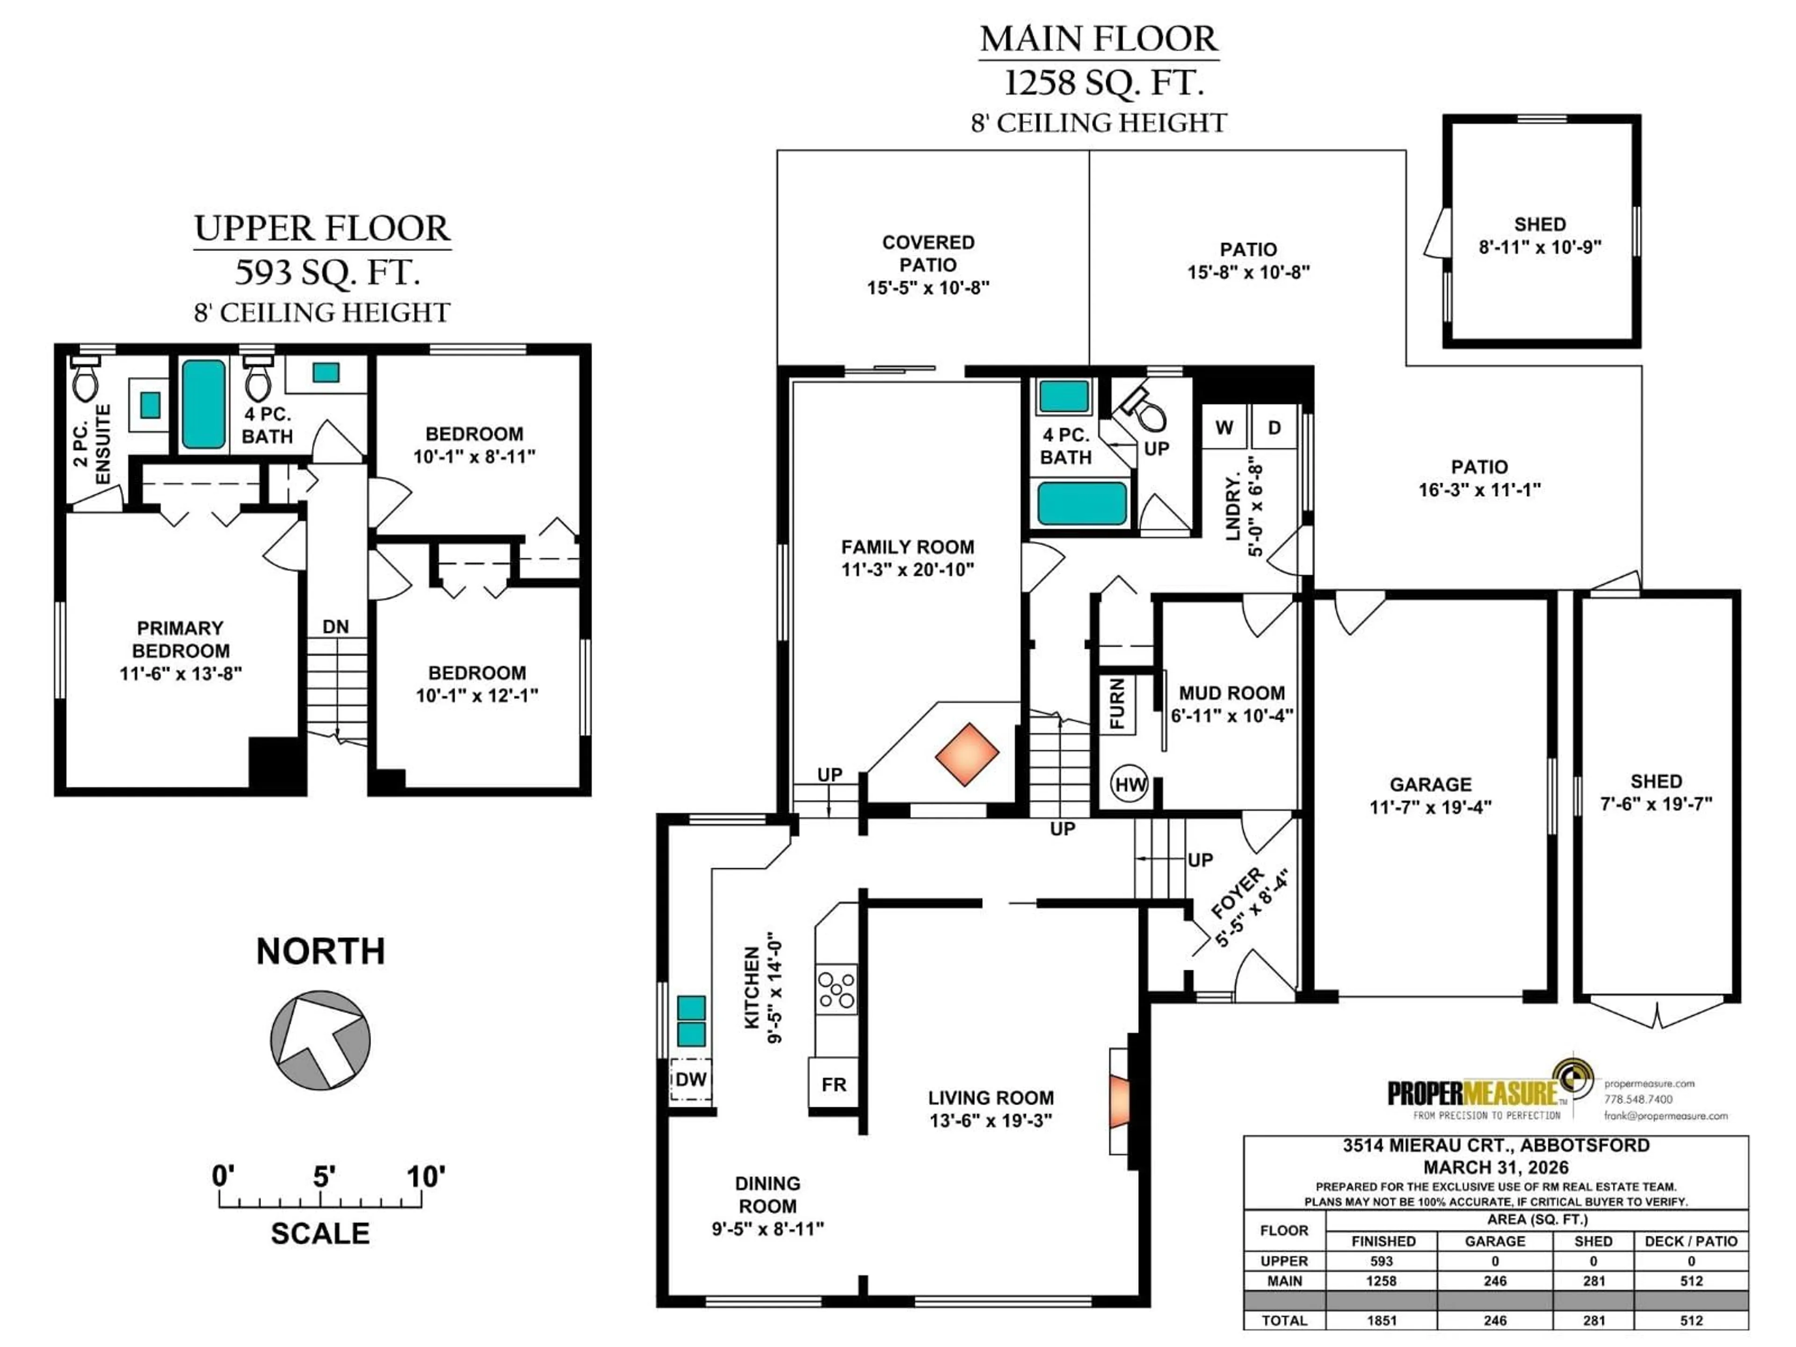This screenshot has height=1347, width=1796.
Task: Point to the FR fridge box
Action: point(834,1084)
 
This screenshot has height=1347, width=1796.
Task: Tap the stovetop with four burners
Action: point(836,989)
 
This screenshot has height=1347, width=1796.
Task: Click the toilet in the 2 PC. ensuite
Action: point(85,379)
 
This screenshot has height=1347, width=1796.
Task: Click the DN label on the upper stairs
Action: point(335,627)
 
